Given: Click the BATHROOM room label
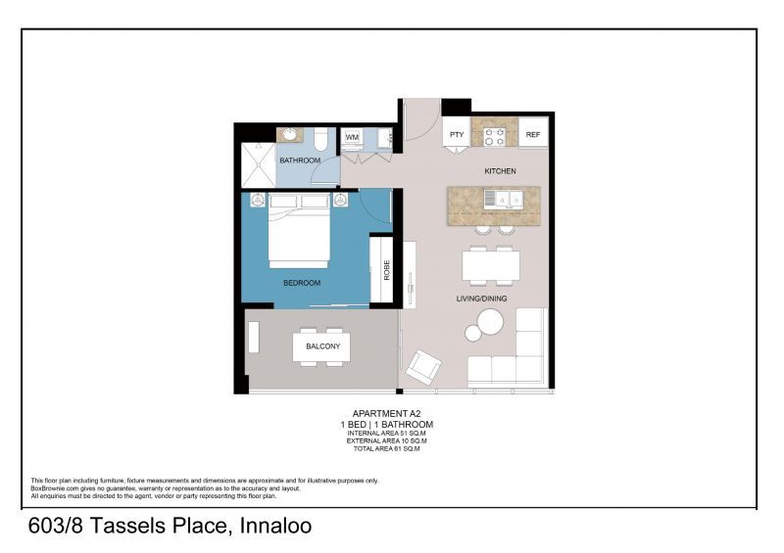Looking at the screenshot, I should coord(299,160).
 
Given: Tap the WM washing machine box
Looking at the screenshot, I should coord(352,137).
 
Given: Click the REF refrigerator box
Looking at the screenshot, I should coord(532,134).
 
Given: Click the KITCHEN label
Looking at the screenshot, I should coord(500,171).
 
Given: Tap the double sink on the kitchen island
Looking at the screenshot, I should coord(508,200).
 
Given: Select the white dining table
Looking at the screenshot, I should coord(491,265).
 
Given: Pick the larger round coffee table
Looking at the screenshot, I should coord(489,321).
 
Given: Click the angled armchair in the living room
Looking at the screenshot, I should coord(424,366).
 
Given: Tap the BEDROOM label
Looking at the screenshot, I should coord(302,283).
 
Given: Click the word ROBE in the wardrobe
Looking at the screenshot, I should coord(386,270).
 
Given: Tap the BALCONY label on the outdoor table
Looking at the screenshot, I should coord(322,346).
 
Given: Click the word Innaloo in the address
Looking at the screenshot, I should coord(273,526).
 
